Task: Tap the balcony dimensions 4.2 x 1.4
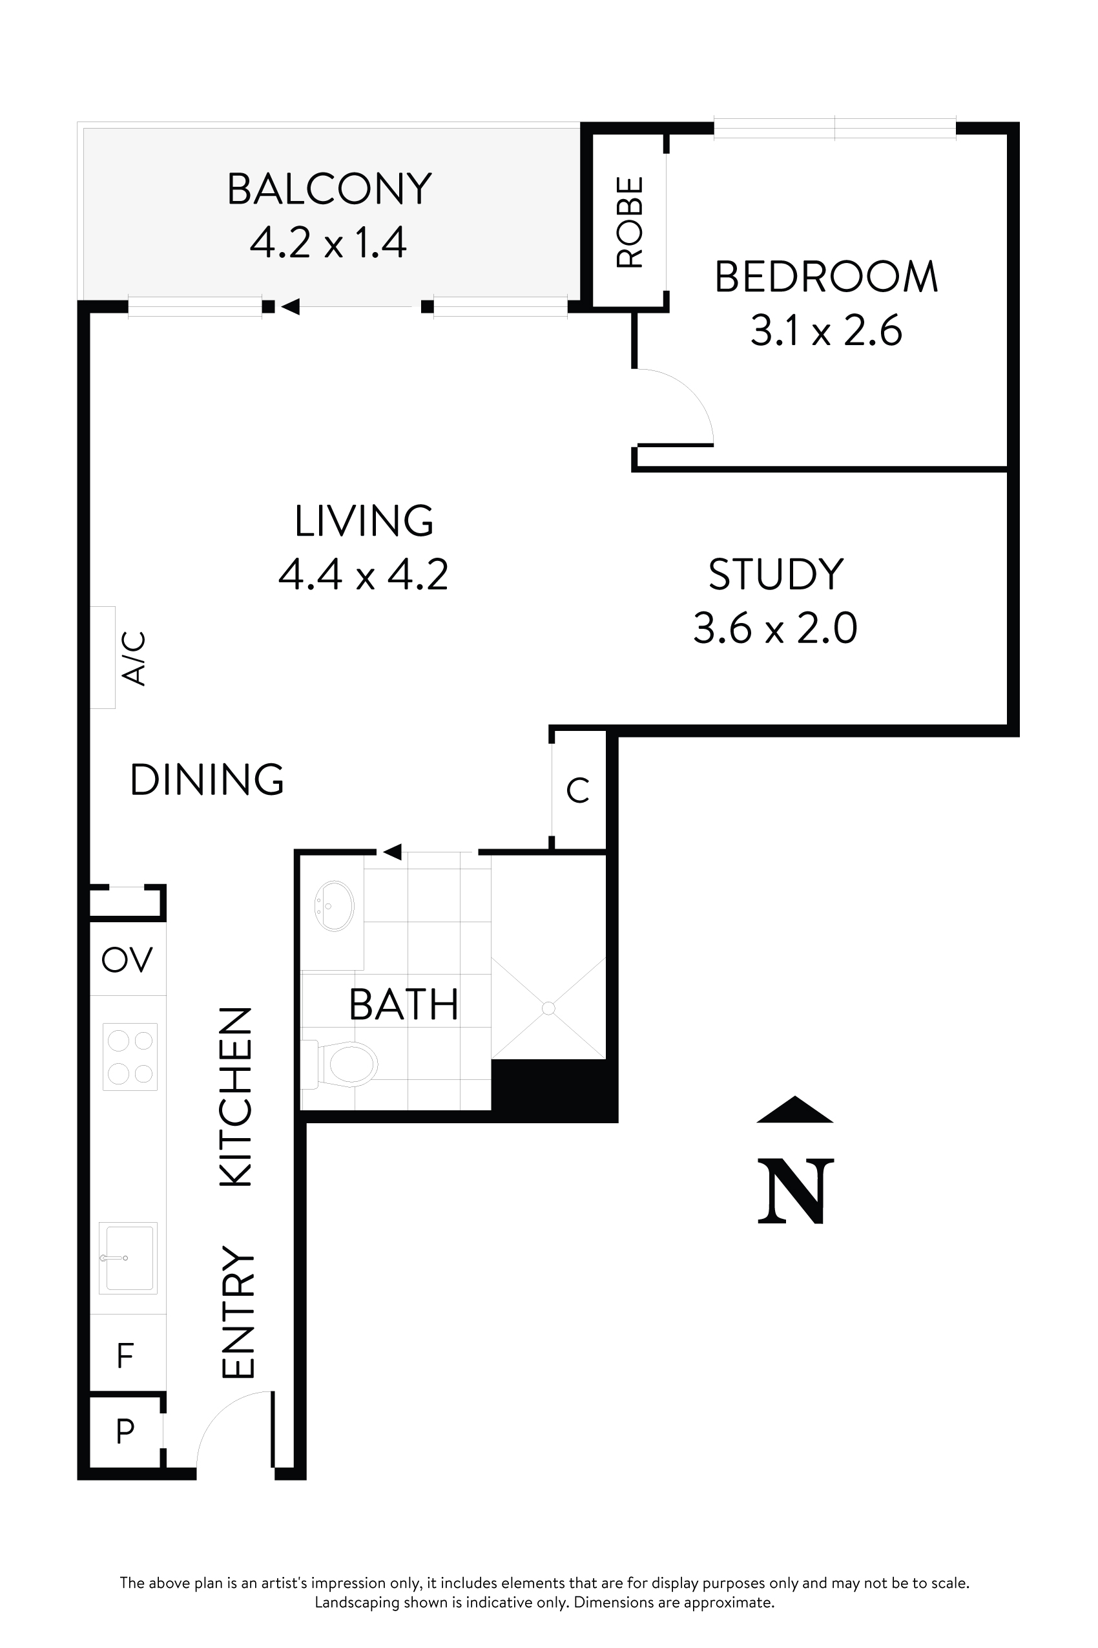click(327, 243)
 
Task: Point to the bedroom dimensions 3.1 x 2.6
click(826, 331)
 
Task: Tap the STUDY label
click(775, 575)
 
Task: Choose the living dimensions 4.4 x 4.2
click(363, 575)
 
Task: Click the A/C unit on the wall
click(103, 657)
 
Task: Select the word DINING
click(207, 779)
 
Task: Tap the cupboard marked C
click(577, 790)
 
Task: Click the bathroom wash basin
click(334, 906)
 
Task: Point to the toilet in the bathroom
click(348, 1064)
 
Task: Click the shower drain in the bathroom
click(548, 1008)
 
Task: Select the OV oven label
click(127, 959)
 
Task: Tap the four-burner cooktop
click(130, 1057)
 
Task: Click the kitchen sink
click(127, 1258)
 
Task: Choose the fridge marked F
click(125, 1355)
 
